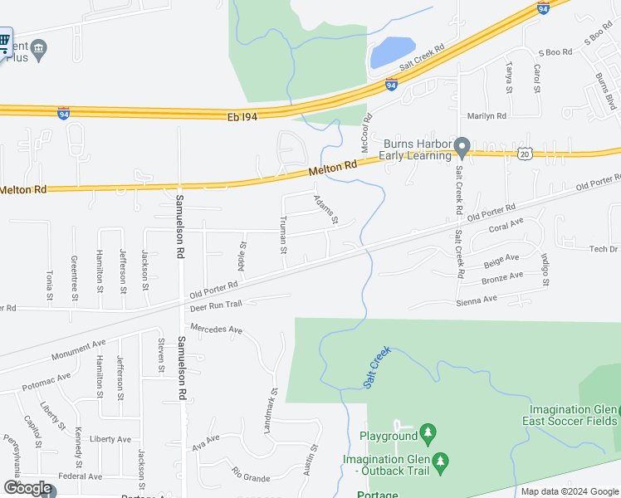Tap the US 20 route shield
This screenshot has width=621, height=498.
point(523,154)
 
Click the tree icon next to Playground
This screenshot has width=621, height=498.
point(428,432)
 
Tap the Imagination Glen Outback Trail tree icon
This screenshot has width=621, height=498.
point(443,460)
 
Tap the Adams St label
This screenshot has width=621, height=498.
point(325,210)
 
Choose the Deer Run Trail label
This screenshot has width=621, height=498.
point(215,306)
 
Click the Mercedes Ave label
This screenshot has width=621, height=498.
point(216,328)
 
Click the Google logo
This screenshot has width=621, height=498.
point(27,488)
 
